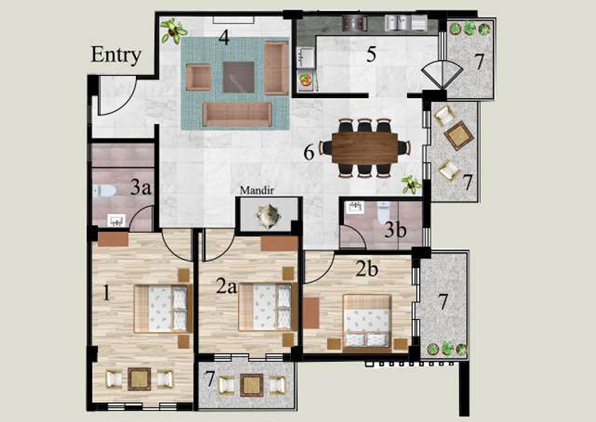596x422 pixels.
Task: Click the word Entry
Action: pos(116,55)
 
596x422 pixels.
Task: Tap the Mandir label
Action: pos(257,190)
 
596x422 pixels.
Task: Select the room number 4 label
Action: pos(224,37)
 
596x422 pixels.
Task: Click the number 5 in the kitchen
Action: pos(372,54)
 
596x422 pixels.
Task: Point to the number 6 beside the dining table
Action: pos(308,153)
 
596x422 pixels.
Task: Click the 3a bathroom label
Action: pos(141,187)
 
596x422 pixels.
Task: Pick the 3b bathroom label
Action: pos(395,229)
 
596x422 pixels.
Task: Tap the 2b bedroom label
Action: pos(367,269)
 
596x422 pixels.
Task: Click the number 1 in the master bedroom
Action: pos(107,293)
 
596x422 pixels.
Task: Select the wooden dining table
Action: pos(364,148)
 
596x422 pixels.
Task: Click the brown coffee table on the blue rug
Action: pos(239,77)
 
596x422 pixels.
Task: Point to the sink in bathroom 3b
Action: pos(354,207)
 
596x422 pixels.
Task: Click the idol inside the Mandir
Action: pos(268,217)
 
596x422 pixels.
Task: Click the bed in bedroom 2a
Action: pos(267,307)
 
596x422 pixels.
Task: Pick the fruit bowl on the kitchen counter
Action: pos(305,81)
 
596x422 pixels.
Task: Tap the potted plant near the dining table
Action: pos(411,184)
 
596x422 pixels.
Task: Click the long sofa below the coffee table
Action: pos(238,115)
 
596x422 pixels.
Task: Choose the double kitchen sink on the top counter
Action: pos(398,22)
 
